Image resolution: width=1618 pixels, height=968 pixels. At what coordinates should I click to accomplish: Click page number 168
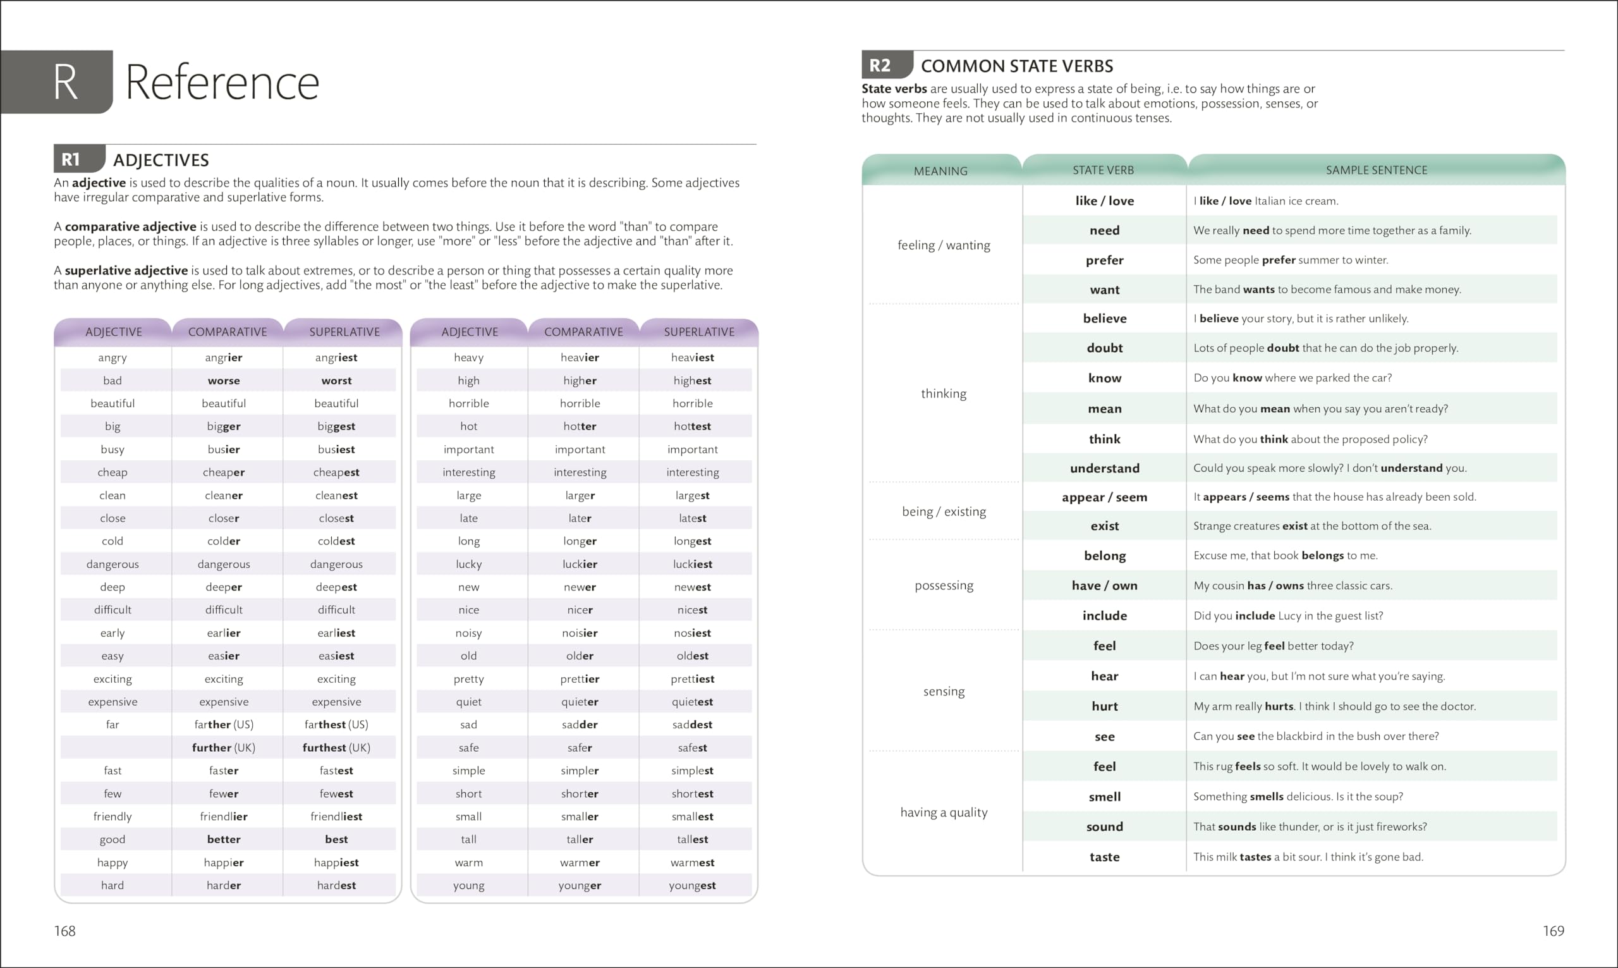point(64,931)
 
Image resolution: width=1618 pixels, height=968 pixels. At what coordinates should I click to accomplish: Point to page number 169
point(1553,931)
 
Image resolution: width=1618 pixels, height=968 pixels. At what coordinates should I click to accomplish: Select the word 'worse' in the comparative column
point(224,380)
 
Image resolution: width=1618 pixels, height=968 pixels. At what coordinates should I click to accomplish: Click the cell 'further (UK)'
point(224,747)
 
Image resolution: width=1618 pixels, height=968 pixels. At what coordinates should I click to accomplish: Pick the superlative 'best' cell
point(336,840)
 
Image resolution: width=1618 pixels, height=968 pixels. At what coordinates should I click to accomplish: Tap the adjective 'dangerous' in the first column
point(112,564)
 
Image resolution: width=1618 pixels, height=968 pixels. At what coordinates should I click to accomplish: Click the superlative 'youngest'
point(691,885)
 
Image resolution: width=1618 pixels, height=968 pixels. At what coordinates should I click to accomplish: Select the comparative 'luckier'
point(580,564)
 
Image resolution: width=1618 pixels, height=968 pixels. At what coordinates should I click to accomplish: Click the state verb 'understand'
point(1104,469)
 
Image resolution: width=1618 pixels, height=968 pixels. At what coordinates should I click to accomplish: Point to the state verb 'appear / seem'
point(1104,497)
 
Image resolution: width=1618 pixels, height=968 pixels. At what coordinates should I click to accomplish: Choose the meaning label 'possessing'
point(943,585)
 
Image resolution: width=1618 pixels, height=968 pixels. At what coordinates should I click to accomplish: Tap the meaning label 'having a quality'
point(943,812)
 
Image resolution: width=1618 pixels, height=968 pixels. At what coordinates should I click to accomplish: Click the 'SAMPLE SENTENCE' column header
point(1376,170)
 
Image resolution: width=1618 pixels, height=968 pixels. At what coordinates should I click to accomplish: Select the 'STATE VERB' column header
point(1103,170)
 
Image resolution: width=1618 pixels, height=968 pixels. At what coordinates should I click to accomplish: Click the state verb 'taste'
point(1104,857)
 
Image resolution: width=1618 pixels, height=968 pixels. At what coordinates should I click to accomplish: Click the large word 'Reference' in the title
point(222,83)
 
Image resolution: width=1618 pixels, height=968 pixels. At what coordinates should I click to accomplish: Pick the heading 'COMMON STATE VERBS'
point(1016,66)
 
